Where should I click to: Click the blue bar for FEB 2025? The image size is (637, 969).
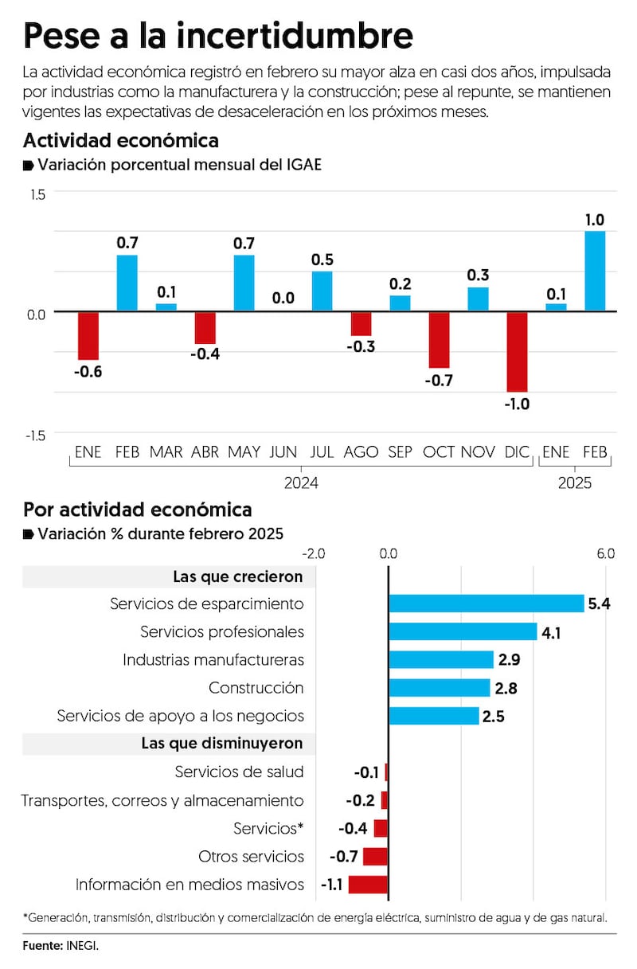[x=595, y=272]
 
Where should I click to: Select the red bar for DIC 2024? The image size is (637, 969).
[x=518, y=351]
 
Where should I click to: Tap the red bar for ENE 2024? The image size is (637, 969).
[x=88, y=335]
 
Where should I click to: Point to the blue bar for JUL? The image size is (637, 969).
[x=322, y=291]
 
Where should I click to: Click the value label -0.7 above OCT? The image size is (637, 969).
[x=439, y=380]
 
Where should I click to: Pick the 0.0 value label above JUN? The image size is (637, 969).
[x=283, y=299]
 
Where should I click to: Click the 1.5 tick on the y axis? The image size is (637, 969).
[x=37, y=194]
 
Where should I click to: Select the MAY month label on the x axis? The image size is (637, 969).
[x=244, y=452]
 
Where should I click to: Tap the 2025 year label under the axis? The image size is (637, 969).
[x=574, y=483]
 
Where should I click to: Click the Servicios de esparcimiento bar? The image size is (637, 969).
[x=487, y=604]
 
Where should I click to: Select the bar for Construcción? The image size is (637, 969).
[x=440, y=688]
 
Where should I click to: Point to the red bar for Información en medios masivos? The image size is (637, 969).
[x=368, y=884]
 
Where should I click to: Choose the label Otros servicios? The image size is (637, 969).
[x=251, y=857]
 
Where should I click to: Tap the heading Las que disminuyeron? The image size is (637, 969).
[x=222, y=743]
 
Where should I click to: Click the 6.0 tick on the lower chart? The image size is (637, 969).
[x=605, y=554]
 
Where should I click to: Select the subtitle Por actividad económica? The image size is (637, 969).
[x=138, y=510]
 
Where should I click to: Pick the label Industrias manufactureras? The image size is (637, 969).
[x=213, y=660]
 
